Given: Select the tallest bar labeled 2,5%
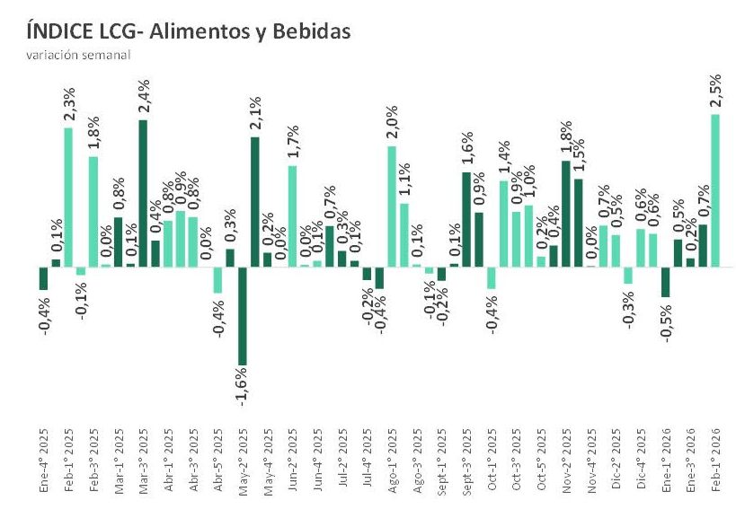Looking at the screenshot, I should click(x=715, y=190).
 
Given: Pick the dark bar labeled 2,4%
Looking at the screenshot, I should click(x=143, y=193).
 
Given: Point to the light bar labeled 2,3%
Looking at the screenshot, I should click(x=68, y=198).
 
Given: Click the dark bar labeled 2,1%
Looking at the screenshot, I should click(x=254, y=202).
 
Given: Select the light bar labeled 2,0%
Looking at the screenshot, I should click(x=392, y=206).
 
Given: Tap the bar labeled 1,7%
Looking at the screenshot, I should click(x=292, y=215).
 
